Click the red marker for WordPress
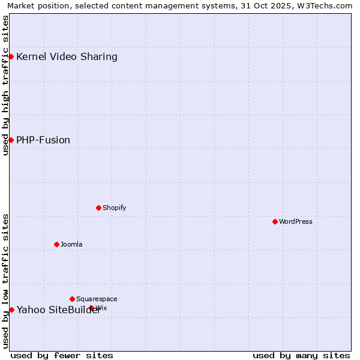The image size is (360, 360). coord(275,221)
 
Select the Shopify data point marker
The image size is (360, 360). coord(98,208)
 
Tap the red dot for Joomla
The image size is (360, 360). coord(56,244)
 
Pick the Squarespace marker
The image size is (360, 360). coord(72,299)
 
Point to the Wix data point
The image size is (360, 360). coord(91,308)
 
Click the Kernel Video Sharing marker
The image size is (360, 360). coord(11,56)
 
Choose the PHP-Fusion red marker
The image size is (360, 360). coord(11,140)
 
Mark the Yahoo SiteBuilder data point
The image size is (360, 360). coord(11,310)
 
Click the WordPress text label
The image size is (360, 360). coord(296,221)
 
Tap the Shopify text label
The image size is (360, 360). coord(115,208)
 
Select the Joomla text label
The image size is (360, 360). coord(71,244)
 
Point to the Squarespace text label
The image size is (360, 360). coord(97,299)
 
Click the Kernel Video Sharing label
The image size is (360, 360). coord(67,57)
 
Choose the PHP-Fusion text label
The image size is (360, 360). coord(43,140)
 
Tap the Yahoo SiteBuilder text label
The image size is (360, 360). coord(58,310)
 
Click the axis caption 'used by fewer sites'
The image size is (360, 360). coord(62,356)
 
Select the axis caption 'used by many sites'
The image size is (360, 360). coord(301,356)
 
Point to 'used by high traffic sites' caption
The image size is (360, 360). coord(5,85)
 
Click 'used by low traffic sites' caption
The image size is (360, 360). coord(5,281)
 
